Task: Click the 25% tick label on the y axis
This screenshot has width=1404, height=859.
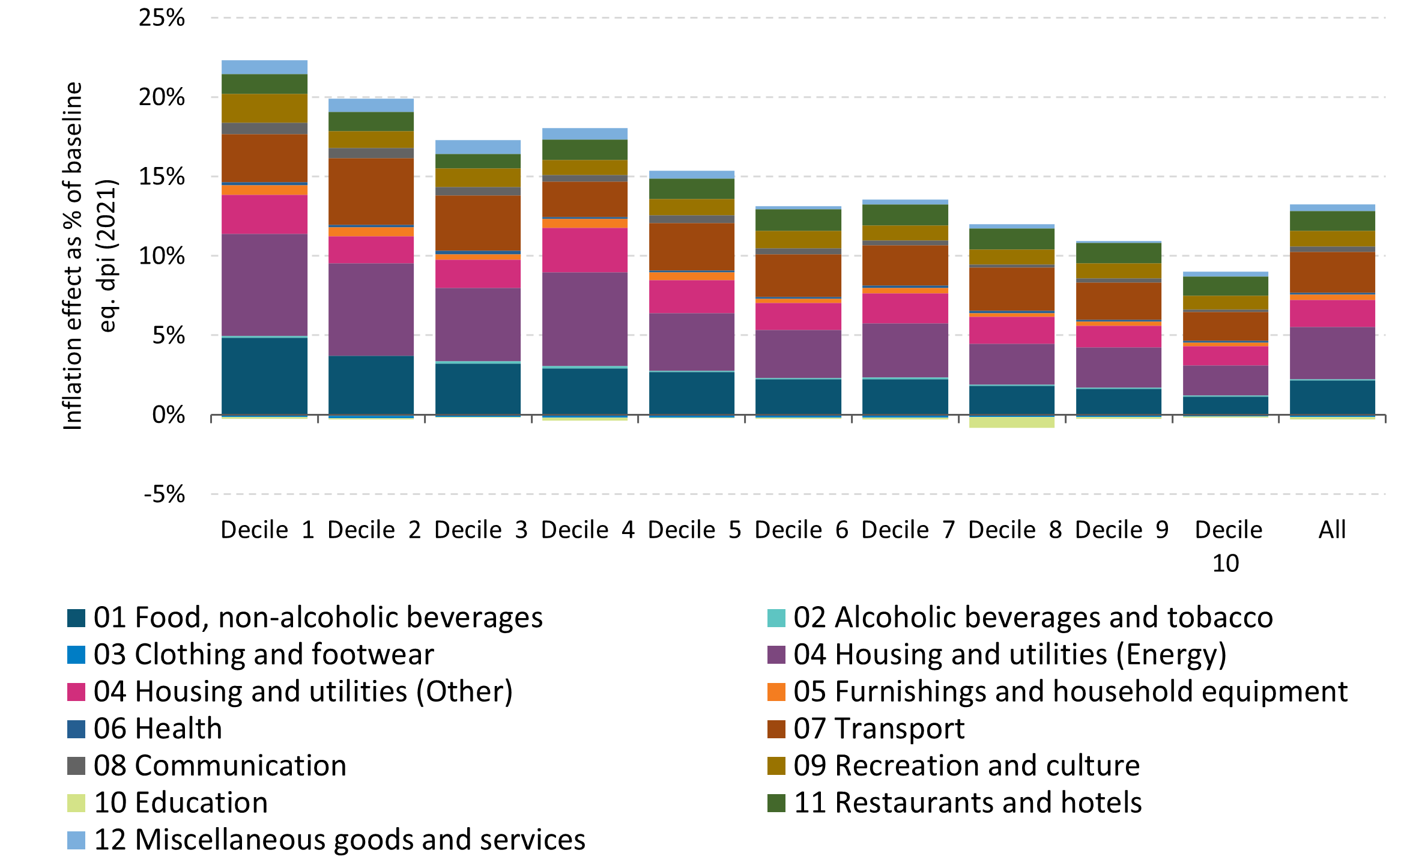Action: [x=161, y=18]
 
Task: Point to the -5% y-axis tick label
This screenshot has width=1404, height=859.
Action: [x=164, y=494]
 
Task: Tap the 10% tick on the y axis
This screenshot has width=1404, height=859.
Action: [x=161, y=256]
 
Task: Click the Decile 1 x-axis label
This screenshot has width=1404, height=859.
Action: [x=267, y=530]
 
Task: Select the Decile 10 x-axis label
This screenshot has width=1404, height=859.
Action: [x=1228, y=545]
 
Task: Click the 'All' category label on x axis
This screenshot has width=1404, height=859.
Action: [x=1332, y=530]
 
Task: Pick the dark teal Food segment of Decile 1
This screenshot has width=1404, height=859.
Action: [x=264, y=376]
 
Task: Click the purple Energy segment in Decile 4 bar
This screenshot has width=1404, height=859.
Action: [x=584, y=319]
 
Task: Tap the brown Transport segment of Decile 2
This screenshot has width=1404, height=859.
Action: [x=371, y=191]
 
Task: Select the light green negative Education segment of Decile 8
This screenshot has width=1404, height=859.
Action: [x=1011, y=422]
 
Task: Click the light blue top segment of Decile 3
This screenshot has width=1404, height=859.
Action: [x=477, y=147]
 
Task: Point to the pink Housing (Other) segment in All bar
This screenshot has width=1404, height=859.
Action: [x=1332, y=313]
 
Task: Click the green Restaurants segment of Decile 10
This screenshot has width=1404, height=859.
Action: [x=1225, y=286]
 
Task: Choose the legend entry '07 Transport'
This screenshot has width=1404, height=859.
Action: [x=878, y=729]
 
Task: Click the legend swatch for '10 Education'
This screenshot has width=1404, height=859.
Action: [x=76, y=803]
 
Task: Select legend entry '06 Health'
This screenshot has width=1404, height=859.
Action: [x=157, y=729]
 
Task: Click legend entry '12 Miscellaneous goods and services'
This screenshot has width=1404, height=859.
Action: [x=339, y=840]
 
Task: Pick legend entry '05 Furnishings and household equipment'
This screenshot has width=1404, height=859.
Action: [x=1070, y=691]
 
